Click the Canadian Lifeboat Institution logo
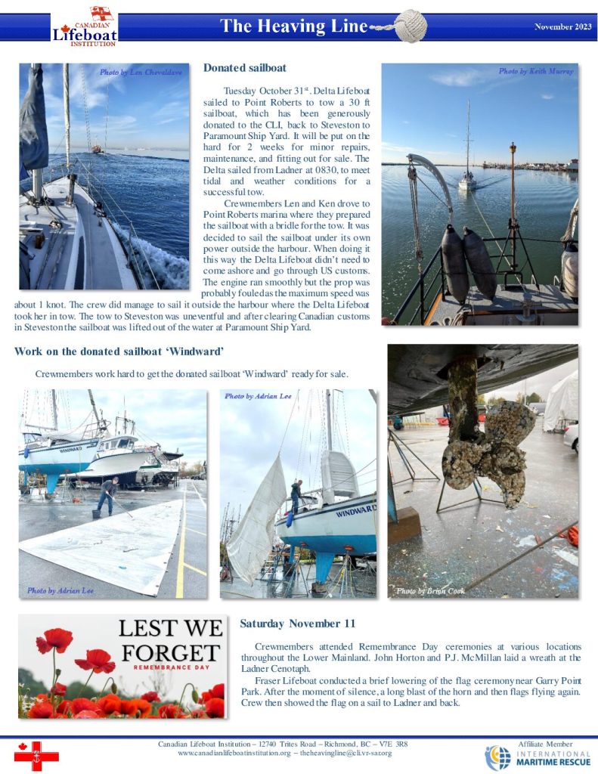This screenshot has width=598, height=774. coord(84,27)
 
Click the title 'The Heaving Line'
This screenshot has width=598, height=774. coord(294,27)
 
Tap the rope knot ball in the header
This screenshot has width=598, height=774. coord(411,27)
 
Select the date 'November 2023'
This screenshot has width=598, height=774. coord(562,26)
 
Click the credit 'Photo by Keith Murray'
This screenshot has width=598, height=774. coord(535,71)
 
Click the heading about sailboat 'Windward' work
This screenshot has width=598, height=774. coord(119,351)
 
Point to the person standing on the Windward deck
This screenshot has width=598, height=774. coord(296,496)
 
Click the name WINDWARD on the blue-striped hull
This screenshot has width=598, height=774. coord(355,512)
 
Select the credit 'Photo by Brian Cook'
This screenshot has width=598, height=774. coord(431,590)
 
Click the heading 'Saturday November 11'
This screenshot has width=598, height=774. coord(297,624)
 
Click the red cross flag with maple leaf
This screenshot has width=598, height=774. coord(36,754)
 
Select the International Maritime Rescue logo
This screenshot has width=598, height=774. coord(537,757)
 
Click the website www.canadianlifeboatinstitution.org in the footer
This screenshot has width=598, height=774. coord(237,754)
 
